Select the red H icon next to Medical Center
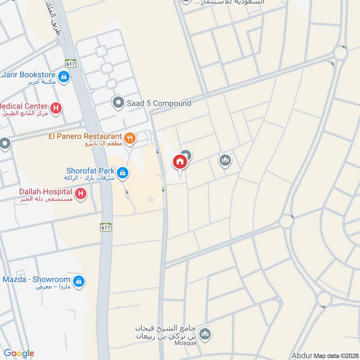(56, 108)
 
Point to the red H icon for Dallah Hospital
(81, 194)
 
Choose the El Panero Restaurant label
(85, 136)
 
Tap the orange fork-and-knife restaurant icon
(130, 139)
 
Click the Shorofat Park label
(90, 171)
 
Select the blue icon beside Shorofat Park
(122, 172)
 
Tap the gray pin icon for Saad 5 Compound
(118, 103)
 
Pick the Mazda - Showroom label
(36, 279)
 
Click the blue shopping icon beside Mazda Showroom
(79, 281)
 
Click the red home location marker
(180, 162)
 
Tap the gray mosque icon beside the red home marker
(225, 160)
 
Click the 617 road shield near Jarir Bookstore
(69, 63)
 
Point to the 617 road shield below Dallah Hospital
(105, 228)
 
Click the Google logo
(19, 353)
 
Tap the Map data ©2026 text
(336, 355)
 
